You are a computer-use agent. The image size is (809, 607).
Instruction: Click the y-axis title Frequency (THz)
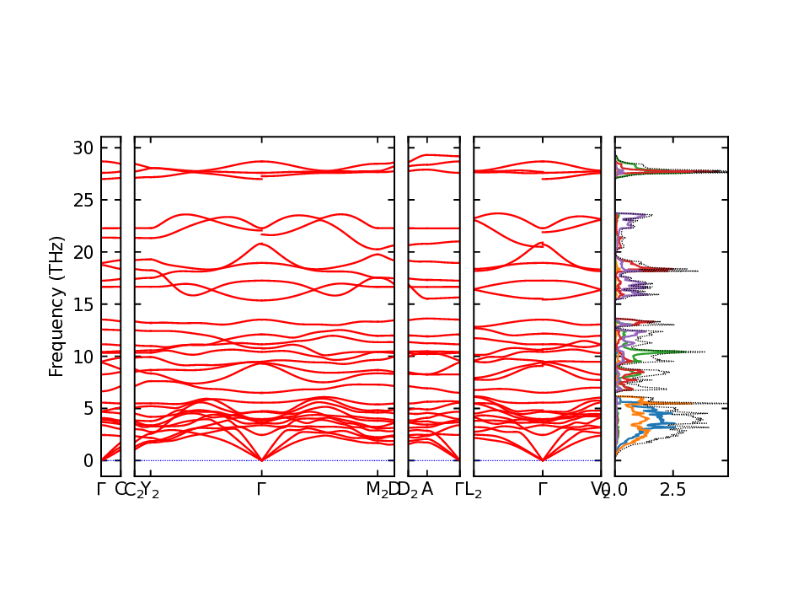[x=56, y=306]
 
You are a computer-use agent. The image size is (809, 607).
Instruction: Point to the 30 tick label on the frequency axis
[x=82, y=148]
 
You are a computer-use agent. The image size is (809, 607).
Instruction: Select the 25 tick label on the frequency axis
[x=82, y=200]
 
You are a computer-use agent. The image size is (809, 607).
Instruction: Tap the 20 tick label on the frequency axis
[x=82, y=252]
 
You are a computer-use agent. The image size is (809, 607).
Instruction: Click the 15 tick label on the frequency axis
[x=82, y=303]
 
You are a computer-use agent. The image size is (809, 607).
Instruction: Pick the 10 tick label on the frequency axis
[x=82, y=356]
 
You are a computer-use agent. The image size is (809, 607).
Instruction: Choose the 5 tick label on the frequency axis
[x=86, y=408]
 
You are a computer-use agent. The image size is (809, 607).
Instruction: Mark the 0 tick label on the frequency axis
[x=86, y=460]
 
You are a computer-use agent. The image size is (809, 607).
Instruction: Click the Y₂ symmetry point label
[x=149, y=490]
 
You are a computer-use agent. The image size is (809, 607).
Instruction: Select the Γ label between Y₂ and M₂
[x=262, y=489]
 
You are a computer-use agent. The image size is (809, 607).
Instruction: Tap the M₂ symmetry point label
[x=376, y=490]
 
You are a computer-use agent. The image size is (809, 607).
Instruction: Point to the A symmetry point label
[x=427, y=489]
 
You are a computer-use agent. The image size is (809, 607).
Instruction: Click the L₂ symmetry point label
[x=474, y=490]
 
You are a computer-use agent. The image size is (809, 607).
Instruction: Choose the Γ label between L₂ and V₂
[x=543, y=489]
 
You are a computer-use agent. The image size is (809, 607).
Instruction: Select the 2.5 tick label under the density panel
[x=672, y=489]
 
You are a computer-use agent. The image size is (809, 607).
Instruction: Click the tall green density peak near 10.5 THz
[x=701, y=352]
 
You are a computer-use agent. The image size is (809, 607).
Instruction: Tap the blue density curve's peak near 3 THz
[x=674, y=427]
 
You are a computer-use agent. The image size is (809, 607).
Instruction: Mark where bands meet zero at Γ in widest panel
[x=262, y=460]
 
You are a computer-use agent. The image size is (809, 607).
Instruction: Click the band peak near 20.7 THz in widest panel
[x=260, y=244]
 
